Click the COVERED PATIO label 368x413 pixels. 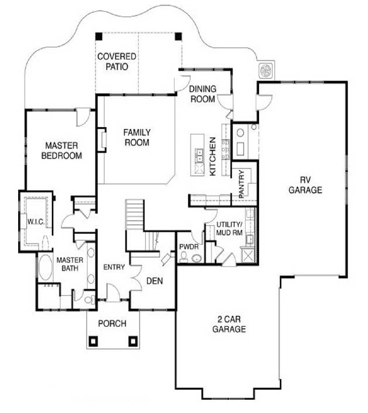(x=117, y=62)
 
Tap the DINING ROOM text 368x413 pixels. (x=203, y=94)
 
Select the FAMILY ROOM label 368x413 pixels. (x=137, y=137)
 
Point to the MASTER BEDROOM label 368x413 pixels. (x=62, y=151)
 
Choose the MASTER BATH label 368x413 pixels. (x=69, y=264)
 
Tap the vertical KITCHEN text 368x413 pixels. (x=213, y=156)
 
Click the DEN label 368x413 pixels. (x=154, y=281)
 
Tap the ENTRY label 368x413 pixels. (x=114, y=267)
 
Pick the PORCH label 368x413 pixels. (x=112, y=324)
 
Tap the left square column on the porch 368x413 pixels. (x=94, y=340)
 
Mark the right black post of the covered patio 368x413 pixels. (x=179, y=36)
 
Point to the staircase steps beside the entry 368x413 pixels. (x=135, y=215)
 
